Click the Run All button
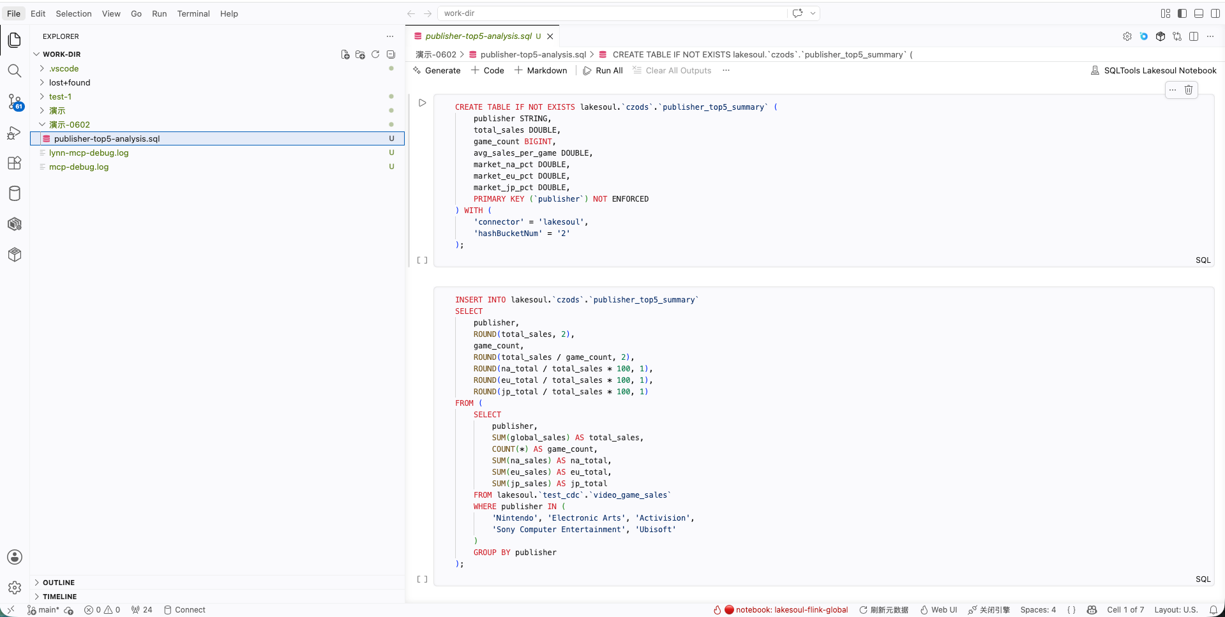tap(603, 71)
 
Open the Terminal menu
tap(193, 13)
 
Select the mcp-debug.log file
tap(79, 167)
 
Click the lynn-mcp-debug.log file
tap(89, 153)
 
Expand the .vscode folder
tap(64, 69)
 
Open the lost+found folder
tap(70, 83)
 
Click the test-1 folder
tap(60, 97)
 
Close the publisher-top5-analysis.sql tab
tap(550, 36)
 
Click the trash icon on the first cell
tap(1189, 90)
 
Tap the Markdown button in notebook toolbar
tap(541, 71)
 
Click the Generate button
tap(437, 71)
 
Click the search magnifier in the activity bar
tap(15, 71)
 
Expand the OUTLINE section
tap(58, 583)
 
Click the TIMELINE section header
tap(59, 597)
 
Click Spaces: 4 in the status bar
tap(1038, 610)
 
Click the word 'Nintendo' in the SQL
tap(515, 518)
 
